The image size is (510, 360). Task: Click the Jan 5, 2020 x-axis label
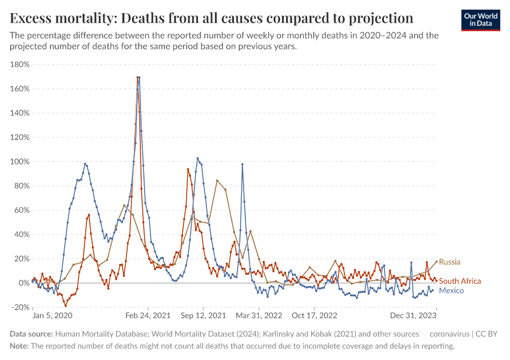pos(52,316)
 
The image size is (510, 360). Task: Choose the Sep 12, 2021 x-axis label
pos(203,316)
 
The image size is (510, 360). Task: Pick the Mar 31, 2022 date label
pos(259,316)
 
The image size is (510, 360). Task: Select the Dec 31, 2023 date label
pos(414,316)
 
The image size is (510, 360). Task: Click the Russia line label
pos(449,262)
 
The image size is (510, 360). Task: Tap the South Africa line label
pos(460,281)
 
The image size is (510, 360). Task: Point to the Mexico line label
pos(451,290)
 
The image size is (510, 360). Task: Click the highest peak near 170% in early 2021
pos(139,77)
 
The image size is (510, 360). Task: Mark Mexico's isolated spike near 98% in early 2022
pos(242,164)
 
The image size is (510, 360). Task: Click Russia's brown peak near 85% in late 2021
pos(217,180)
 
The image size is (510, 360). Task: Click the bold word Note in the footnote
pos(19,346)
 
